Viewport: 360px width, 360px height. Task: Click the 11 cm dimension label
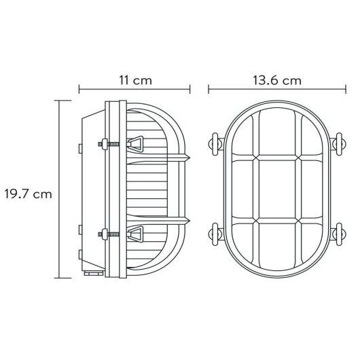pyautogui.click(x=134, y=80)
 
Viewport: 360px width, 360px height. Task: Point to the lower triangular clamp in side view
pyautogui.click(x=138, y=235)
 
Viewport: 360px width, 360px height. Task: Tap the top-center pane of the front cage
pyautogui.click(x=275, y=133)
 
